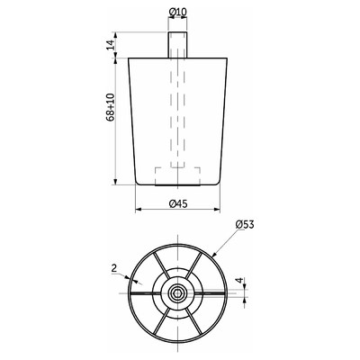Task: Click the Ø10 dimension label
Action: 178,12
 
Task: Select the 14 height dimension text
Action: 111,45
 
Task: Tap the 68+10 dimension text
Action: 110,107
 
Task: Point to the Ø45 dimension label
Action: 178,204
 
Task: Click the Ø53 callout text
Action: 245,224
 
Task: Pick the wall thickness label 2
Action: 114,268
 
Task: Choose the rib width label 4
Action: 239,281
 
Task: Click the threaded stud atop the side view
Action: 177,44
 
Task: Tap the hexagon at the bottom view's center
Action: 177,292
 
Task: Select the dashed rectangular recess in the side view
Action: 177,176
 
